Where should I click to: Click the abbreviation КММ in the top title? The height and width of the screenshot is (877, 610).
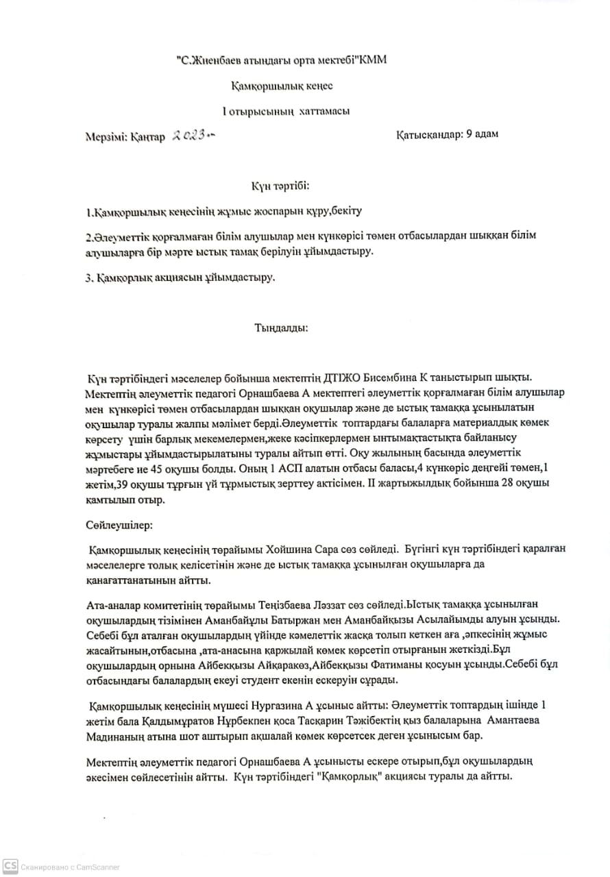(373, 60)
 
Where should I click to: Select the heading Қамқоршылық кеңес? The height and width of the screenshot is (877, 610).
(282, 86)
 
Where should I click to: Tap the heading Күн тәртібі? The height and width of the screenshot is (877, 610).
(280, 186)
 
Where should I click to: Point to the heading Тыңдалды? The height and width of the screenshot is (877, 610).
(281, 328)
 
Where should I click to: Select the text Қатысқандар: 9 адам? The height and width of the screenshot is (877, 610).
(447, 134)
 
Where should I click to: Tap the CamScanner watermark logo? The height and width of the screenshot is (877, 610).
(10, 867)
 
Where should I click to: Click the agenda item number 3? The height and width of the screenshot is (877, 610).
(89, 278)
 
